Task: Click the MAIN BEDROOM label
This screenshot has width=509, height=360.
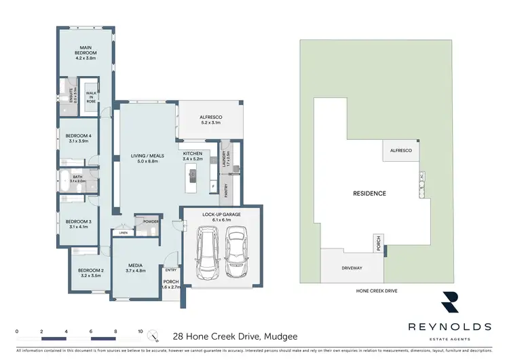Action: coord(86,50)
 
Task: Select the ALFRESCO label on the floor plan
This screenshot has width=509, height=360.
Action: coord(211,118)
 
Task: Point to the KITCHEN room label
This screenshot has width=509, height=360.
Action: coord(193,155)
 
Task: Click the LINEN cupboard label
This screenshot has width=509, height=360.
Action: coord(122,233)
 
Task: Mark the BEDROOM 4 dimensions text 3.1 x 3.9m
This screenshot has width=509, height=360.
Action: coord(79,141)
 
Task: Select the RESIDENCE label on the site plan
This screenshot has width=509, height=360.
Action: coord(369,194)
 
